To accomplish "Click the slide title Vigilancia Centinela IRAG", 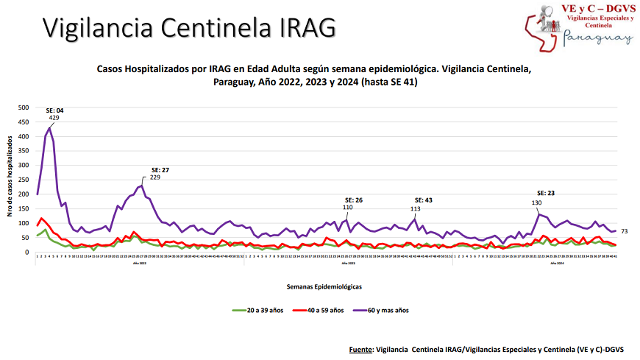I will [189, 27].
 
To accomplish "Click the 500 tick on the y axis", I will [23, 107].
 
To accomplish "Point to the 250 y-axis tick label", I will [23, 180].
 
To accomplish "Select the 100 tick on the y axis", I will [23, 223].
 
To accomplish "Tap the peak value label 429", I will [54, 118].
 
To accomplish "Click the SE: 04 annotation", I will [54, 110].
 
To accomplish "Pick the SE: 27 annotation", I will [160, 170].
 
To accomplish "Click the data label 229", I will [155, 177].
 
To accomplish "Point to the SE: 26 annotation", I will [354, 200].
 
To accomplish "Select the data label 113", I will [415, 208].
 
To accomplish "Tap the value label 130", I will [536, 202].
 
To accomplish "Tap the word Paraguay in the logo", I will [597, 37].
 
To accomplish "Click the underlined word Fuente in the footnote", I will [361, 347].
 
